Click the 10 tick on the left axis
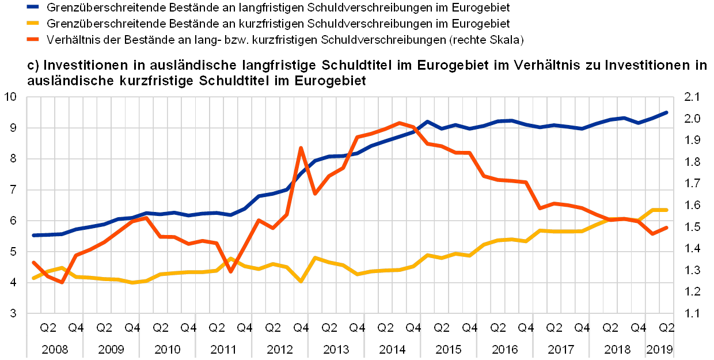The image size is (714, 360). coord(13,97)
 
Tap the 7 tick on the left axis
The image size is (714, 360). coord(14,190)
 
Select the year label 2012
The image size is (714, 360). coord(279,348)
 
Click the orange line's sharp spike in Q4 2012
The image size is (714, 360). coord(301,147)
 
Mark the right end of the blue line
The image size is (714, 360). coord(667,112)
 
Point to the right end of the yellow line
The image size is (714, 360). coord(667,210)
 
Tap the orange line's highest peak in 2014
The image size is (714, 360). coord(400,123)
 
